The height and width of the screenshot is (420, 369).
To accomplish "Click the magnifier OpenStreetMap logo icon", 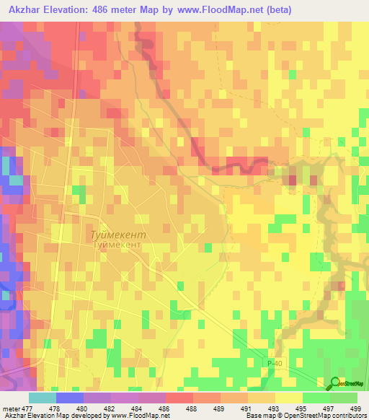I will coord(334,383).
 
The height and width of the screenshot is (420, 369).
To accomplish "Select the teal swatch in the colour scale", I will coord(42,398).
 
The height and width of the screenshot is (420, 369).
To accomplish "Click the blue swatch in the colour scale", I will coord(69,398).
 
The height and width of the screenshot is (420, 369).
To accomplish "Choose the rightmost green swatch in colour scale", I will coord(344,398).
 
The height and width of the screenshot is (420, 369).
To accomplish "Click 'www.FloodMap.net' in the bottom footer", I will coord(134,416).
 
